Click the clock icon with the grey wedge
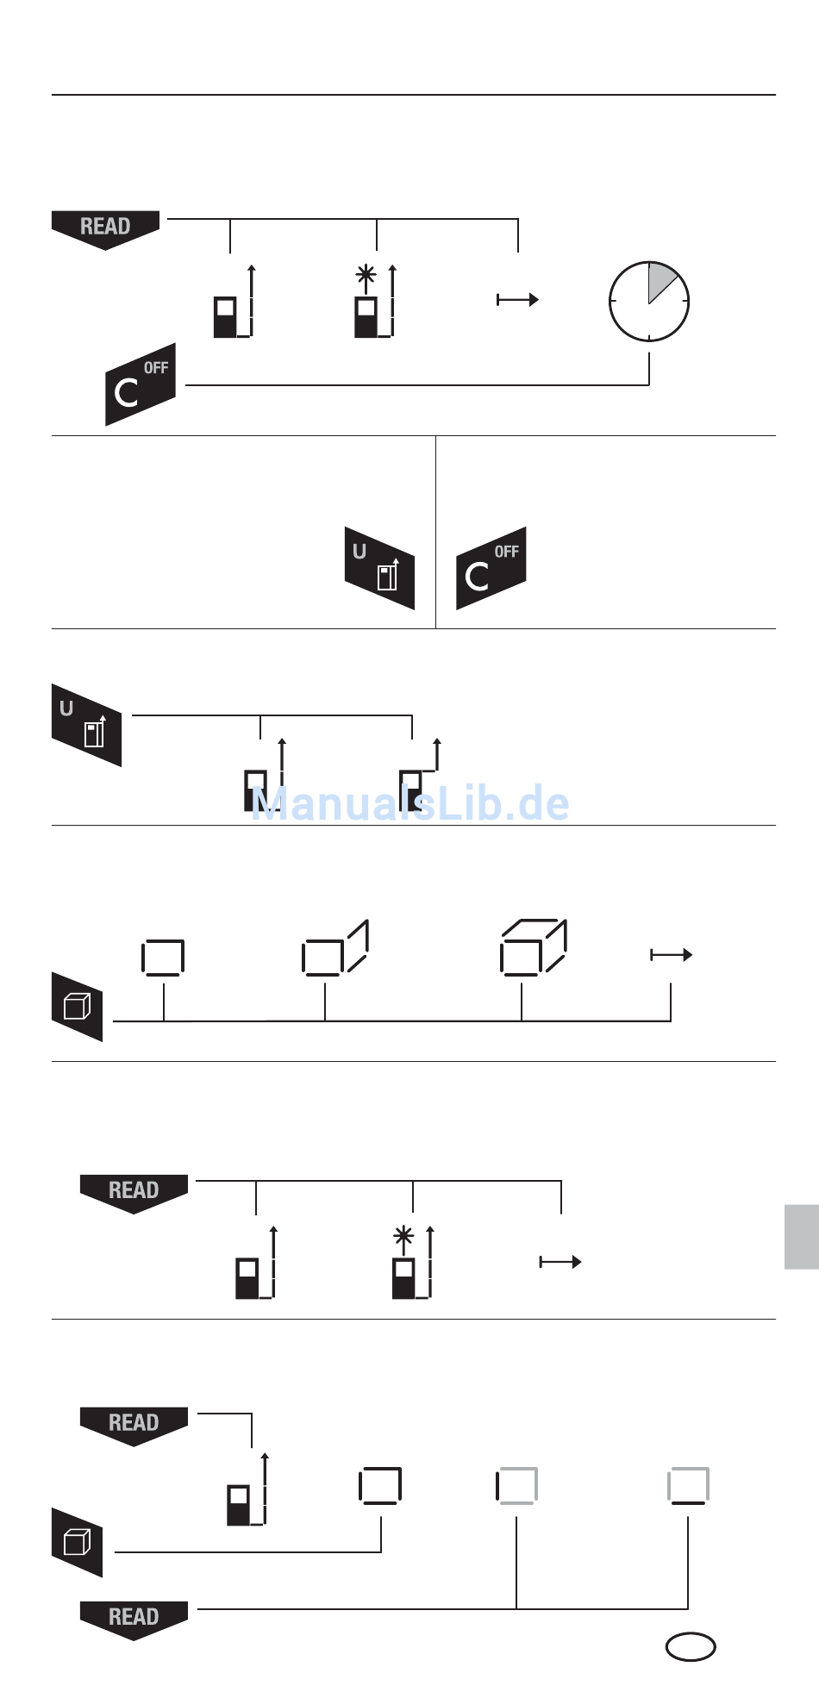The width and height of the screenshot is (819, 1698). [x=649, y=302]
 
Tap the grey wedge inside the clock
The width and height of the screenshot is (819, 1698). [x=663, y=280]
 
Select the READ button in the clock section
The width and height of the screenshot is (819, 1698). [x=106, y=228]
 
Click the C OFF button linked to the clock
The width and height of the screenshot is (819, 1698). [x=141, y=384]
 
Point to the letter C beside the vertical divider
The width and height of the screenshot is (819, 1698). [x=477, y=576]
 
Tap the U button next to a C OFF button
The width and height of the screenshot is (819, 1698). [x=379, y=568]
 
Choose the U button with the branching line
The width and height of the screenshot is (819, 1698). [x=86, y=725]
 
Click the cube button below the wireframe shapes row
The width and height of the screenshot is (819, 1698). [x=77, y=1006]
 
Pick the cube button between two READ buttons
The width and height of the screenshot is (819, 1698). [x=77, y=1542]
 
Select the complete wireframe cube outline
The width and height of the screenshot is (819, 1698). [x=533, y=947]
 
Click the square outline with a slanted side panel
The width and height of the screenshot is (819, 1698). [x=335, y=948]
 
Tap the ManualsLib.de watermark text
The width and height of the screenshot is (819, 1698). [x=410, y=803]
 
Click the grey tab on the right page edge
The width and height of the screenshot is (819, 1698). [x=801, y=1237]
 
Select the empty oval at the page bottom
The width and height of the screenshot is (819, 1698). [x=691, y=1646]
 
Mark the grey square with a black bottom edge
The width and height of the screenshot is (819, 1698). [x=688, y=1486]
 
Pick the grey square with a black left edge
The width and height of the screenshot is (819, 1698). [x=516, y=1486]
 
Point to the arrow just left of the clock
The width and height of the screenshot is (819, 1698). [x=517, y=299]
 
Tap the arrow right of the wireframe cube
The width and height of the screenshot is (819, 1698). [x=671, y=954]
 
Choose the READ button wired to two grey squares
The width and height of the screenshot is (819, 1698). [x=134, y=1618]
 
